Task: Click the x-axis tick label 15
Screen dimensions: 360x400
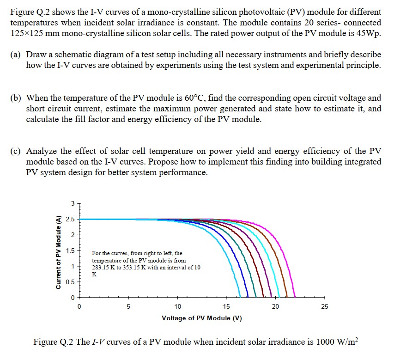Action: click(226, 306)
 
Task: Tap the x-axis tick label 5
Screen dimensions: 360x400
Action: click(128, 306)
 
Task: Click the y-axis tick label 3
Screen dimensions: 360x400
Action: click(73, 203)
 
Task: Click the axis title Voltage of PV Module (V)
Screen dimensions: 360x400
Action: click(202, 318)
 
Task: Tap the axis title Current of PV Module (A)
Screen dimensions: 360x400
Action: click(59, 252)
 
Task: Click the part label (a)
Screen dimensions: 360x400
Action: click(15, 55)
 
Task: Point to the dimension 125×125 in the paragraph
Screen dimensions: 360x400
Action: click(29, 34)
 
